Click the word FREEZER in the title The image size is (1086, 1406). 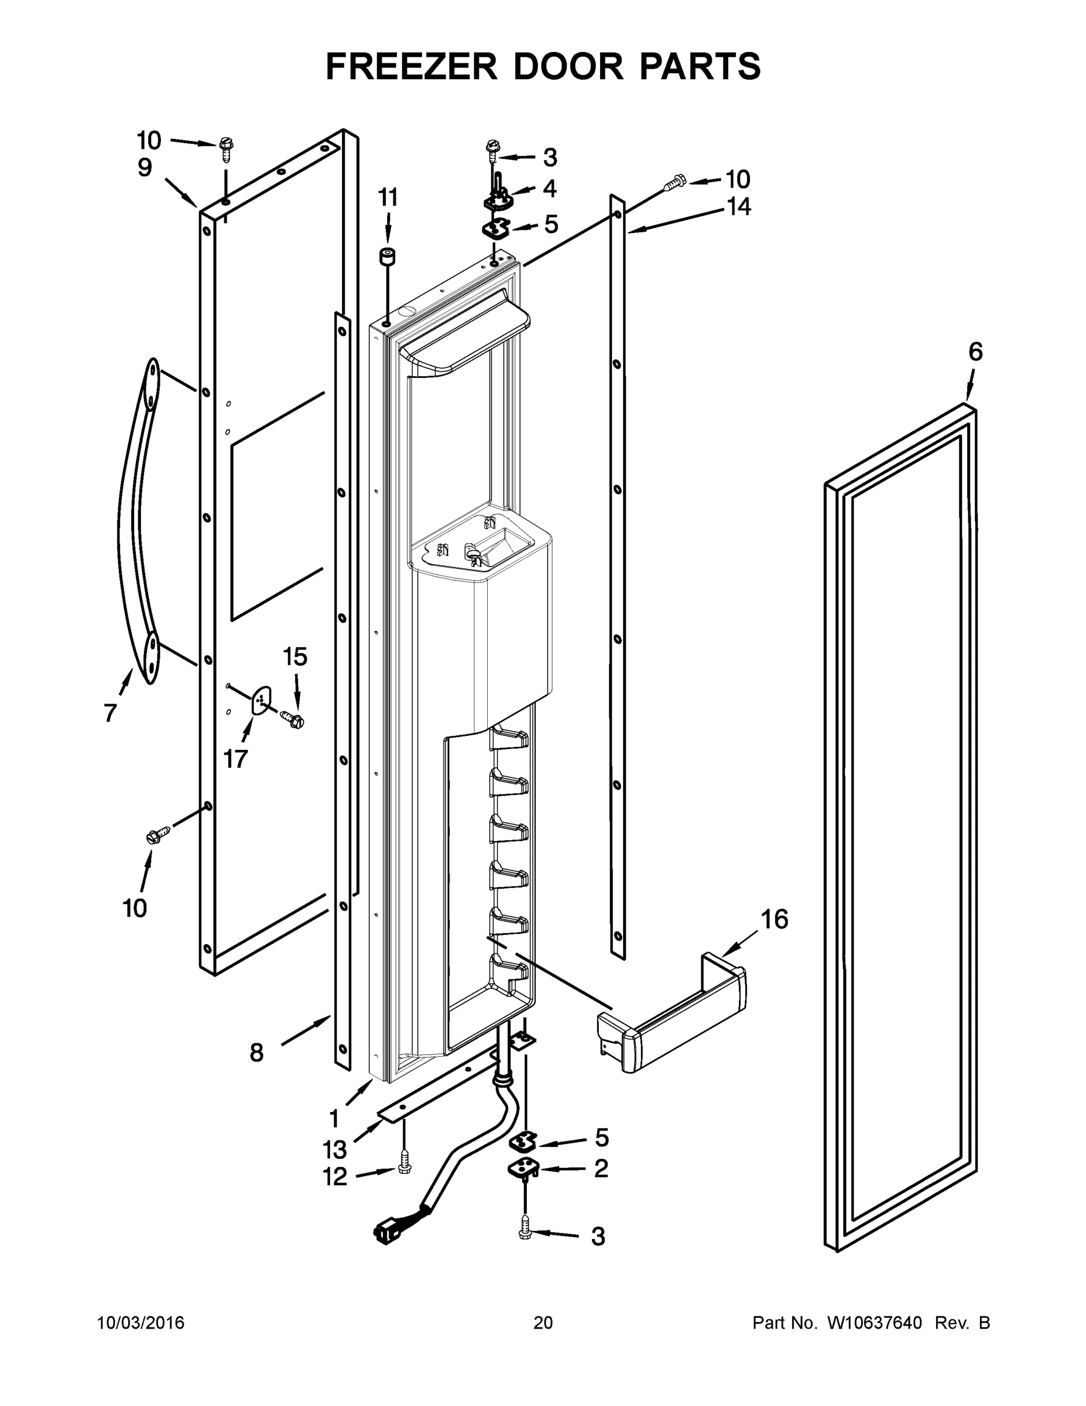click(411, 66)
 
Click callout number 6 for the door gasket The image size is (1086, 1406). click(975, 352)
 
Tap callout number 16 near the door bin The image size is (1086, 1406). click(774, 919)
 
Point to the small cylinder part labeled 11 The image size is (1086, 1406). click(388, 256)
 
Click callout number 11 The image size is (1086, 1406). click(388, 197)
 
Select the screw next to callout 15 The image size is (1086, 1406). click(293, 718)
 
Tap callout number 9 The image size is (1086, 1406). click(145, 168)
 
